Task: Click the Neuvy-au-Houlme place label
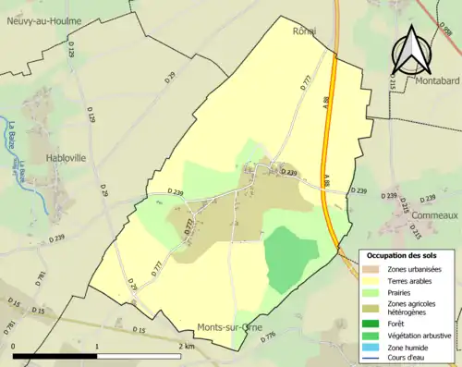click(43, 20)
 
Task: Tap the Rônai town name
click(304, 30)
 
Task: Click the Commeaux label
click(434, 215)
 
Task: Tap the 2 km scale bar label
click(186, 346)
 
